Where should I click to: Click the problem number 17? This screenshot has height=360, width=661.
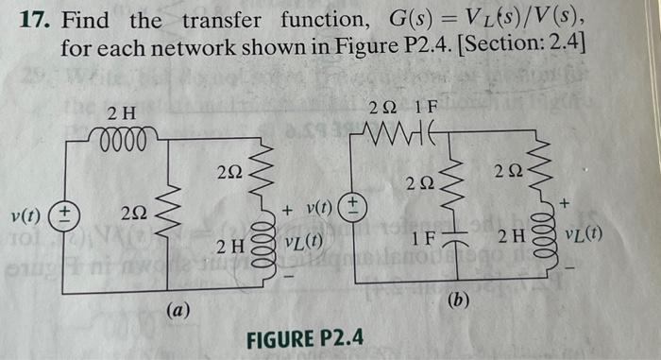tap(35, 19)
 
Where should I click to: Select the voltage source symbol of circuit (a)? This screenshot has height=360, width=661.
tap(66, 214)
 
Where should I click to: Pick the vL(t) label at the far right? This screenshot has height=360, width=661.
tap(588, 234)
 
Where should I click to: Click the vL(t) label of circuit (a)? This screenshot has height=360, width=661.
tap(300, 241)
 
